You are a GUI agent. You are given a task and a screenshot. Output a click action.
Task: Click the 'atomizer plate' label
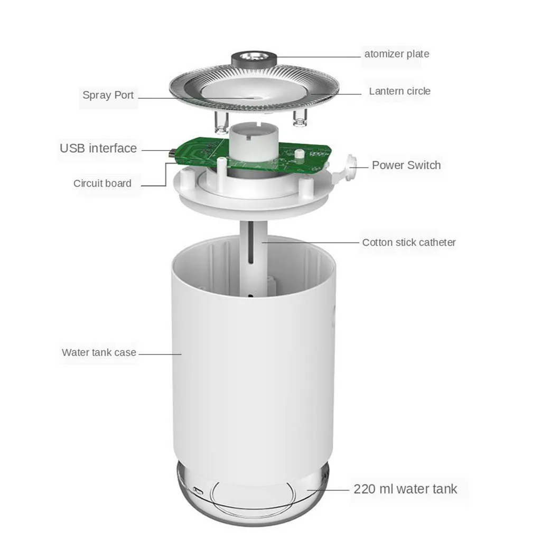pyautogui.click(x=396, y=54)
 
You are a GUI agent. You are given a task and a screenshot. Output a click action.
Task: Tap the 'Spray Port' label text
pyautogui.click(x=108, y=95)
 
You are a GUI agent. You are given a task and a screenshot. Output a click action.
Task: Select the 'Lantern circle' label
pyautogui.click(x=399, y=91)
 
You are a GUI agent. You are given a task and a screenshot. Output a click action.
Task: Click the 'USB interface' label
pyautogui.click(x=98, y=148)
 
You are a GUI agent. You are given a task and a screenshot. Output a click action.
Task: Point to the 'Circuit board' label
pyautogui.click(x=102, y=183)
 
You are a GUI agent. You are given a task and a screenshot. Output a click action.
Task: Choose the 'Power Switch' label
pyautogui.click(x=406, y=165)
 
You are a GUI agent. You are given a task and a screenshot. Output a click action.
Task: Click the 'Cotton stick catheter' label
pyautogui.click(x=408, y=242)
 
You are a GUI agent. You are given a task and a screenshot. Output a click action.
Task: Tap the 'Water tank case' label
pyautogui.click(x=99, y=352)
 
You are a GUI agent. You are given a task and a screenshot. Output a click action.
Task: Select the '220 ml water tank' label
pyautogui.click(x=405, y=489)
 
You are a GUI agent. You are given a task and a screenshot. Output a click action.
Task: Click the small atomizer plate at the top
pyautogui.click(x=254, y=57)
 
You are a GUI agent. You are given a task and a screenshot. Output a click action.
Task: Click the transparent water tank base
pyautogui.click(x=253, y=491)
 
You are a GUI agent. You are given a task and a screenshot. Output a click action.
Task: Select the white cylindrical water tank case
pyautogui.click(x=254, y=370)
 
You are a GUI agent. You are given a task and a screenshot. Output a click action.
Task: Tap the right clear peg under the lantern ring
pyautogui.click(x=300, y=119)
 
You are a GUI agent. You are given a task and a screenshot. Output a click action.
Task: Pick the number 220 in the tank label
pyautogui.click(x=365, y=489)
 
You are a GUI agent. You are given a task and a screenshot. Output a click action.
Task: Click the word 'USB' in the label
pyautogui.click(x=72, y=148)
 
